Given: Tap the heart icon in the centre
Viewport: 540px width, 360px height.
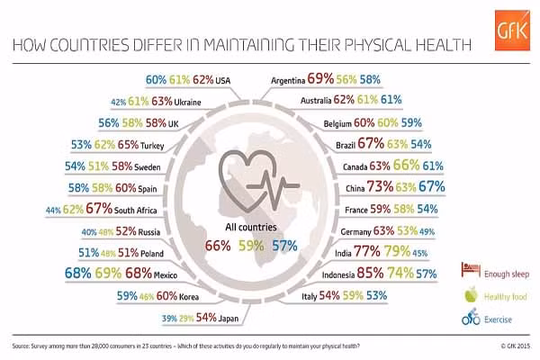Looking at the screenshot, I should pos(271,170).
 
